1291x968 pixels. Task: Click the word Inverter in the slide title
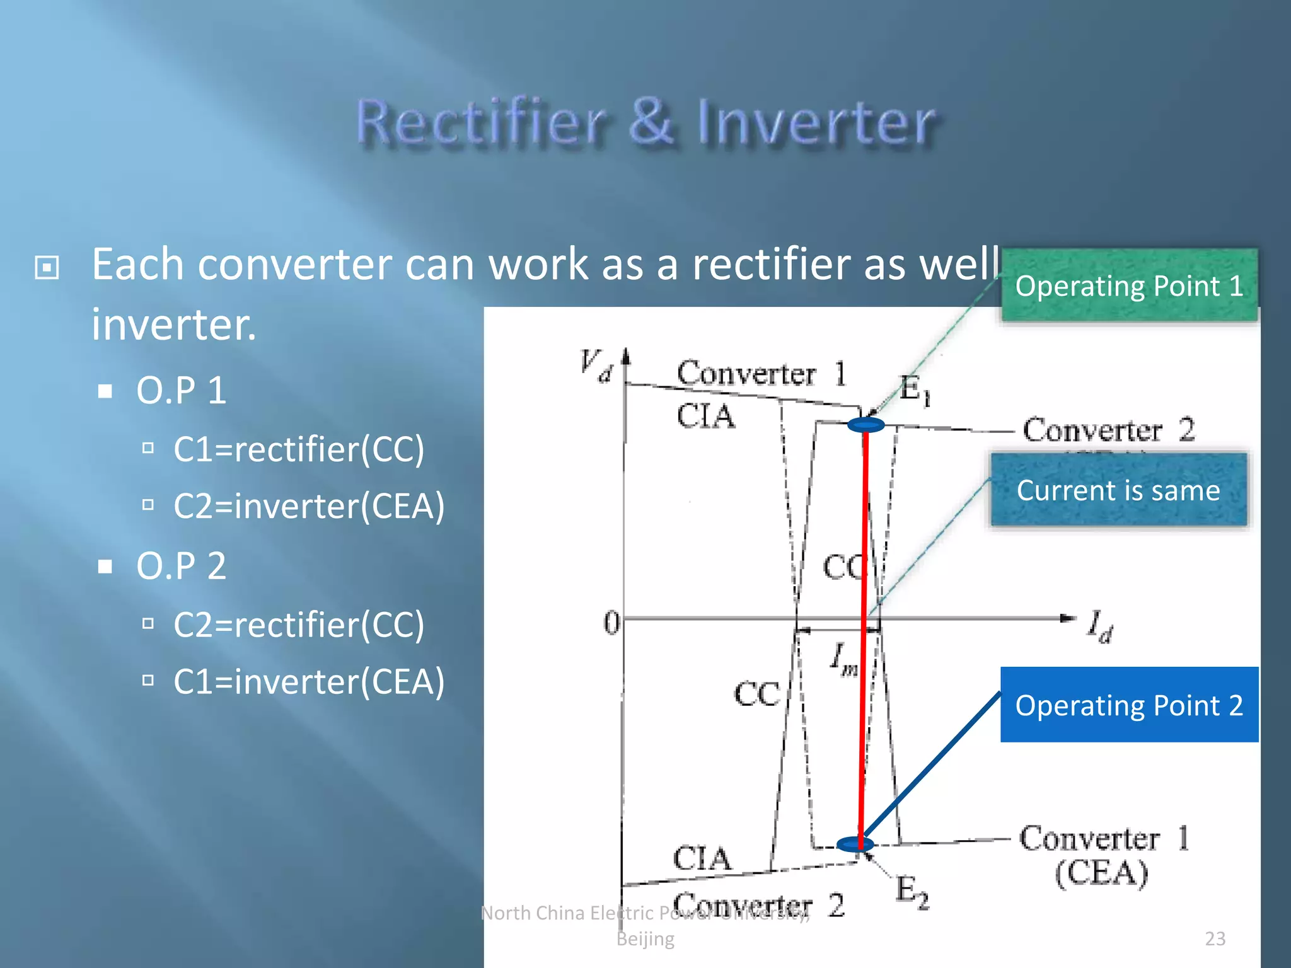point(816,123)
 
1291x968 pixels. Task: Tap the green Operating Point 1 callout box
point(1129,285)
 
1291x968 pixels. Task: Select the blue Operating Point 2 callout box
point(1129,705)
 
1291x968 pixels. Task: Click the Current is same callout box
point(1118,490)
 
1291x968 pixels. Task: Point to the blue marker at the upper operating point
point(866,425)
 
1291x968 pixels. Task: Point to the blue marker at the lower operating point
point(855,844)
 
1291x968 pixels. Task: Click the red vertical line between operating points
point(863,630)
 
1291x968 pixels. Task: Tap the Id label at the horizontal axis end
point(1101,626)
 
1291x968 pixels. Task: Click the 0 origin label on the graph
point(611,623)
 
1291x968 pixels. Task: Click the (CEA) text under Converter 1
point(1101,873)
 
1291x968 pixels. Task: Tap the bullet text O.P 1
point(181,390)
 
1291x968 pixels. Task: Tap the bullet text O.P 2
point(181,565)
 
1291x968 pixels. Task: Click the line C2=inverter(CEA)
point(308,506)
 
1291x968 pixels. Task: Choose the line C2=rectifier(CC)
point(299,625)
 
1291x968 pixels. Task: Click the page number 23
point(1215,938)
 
